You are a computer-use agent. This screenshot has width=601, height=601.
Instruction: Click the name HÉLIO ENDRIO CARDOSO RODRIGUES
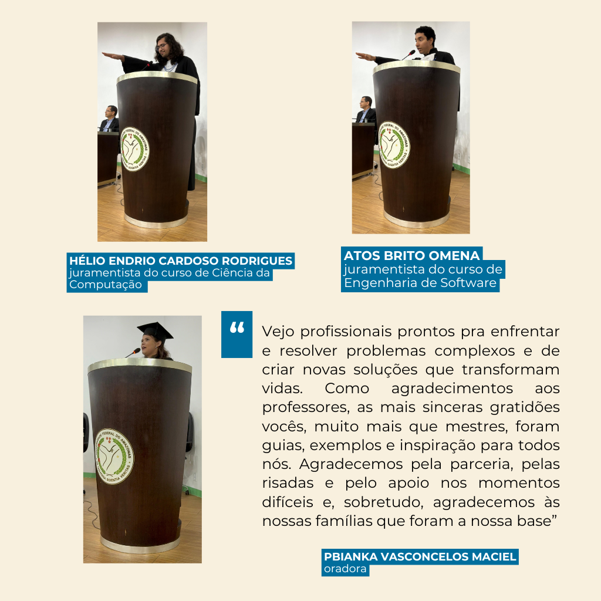(x=181, y=261)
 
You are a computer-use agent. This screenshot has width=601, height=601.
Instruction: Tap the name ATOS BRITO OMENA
(x=411, y=256)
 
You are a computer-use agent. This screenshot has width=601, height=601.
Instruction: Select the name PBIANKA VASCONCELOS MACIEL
(x=420, y=556)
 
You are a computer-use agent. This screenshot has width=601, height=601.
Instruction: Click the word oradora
(x=345, y=569)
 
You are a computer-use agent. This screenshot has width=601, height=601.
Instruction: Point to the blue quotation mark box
(x=237, y=334)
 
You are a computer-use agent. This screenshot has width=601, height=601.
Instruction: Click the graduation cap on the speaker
(x=155, y=331)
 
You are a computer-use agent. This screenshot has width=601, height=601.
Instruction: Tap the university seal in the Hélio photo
(x=134, y=149)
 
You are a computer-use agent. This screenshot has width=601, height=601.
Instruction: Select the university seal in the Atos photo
(x=394, y=145)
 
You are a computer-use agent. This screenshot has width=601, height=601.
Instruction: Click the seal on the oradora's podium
(x=114, y=456)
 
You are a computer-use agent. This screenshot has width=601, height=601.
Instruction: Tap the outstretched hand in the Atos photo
(x=365, y=57)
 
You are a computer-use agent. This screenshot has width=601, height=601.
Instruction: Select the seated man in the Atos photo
(x=366, y=110)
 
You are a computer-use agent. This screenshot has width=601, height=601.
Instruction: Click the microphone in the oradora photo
(x=133, y=352)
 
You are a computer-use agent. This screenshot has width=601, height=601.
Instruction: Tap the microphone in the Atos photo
(x=408, y=55)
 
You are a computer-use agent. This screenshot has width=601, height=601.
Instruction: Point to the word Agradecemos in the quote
(x=351, y=465)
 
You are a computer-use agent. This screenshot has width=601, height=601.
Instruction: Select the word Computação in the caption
(x=106, y=285)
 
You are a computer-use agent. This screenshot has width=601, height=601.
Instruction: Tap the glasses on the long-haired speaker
(x=162, y=46)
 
